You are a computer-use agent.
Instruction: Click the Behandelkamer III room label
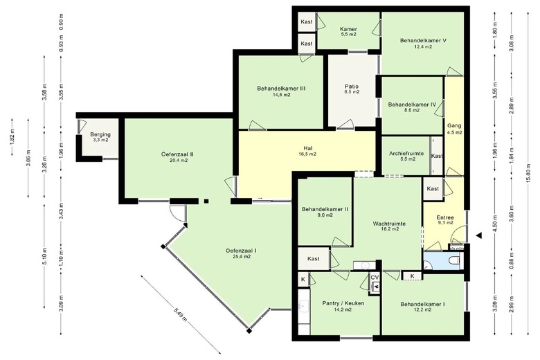tap(281, 89)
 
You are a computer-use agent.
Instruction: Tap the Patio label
tap(351, 87)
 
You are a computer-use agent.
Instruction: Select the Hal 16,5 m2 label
tap(307, 151)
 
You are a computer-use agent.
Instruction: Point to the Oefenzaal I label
tap(241, 251)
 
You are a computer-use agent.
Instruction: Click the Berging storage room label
tap(100, 134)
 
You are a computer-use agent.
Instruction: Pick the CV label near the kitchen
tap(375, 278)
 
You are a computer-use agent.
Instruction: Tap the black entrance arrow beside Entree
tap(478, 235)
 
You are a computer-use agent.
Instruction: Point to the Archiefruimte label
tap(406, 154)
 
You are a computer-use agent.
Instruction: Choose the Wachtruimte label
tap(389, 224)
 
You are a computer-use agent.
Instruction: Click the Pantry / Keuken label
tap(343, 303)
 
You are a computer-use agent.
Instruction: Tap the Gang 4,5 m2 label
tap(454, 129)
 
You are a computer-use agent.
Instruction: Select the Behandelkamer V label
tap(423, 40)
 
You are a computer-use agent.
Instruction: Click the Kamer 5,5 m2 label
tap(348, 32)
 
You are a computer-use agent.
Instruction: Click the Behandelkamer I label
tap(422, 304)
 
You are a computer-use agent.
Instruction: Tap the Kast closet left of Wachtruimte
tap(314, 259)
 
